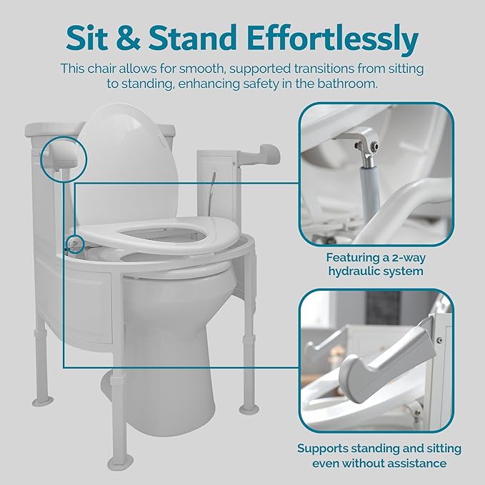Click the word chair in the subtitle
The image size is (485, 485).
pyautogui.click(x=101, y=69)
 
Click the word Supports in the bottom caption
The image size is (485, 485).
pyautogui.click(x=323, y=449)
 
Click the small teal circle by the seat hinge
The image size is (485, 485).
pyautogui.click(x=75, y=244)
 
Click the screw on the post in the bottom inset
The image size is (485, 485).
pyautogui.click(x=439, y=340)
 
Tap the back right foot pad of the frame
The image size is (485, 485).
pyautogui.click(x=249, y=409)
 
